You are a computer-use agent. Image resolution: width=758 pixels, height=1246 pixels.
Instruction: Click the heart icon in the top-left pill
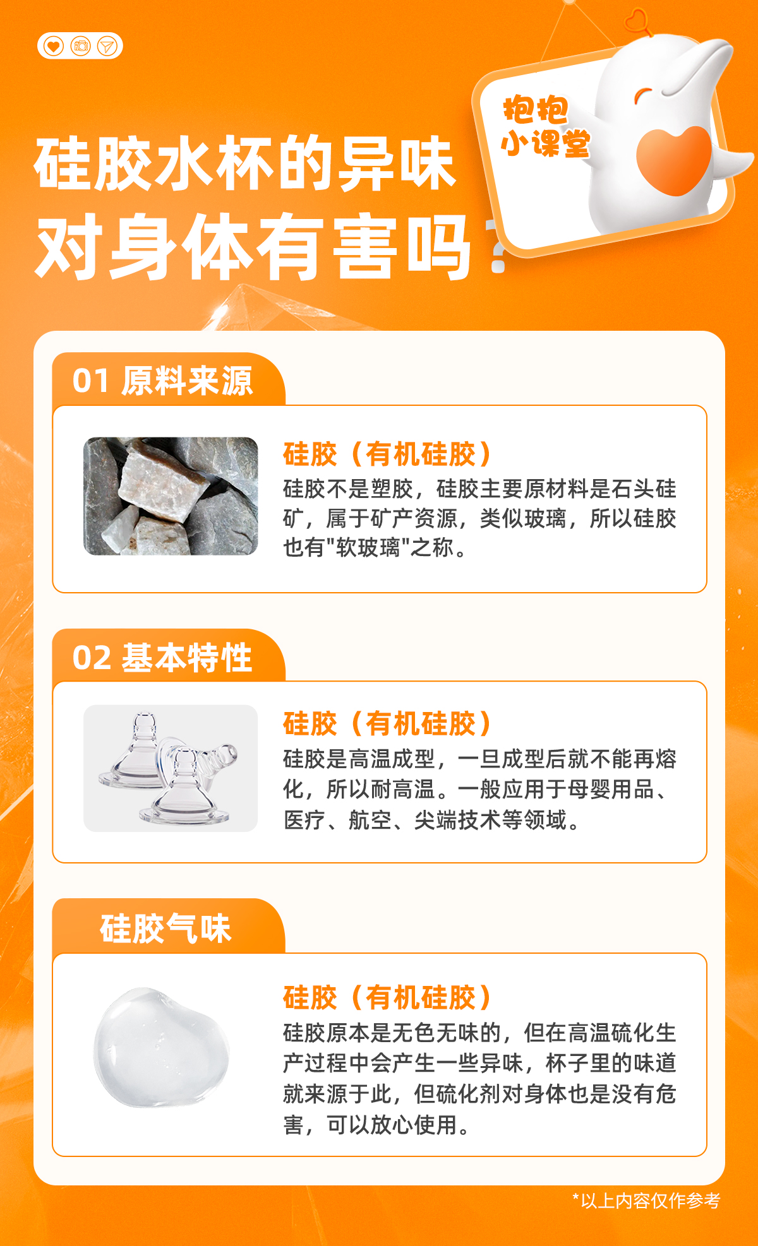pyautogui.click(x=54, y=46)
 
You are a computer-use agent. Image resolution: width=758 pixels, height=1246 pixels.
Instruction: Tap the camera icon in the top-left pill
pyautogui.click(x=81, y=46)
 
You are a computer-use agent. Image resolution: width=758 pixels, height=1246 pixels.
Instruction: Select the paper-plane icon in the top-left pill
pyautogui.click(x=107, y=46)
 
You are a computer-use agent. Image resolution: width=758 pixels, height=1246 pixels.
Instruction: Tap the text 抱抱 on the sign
pyautogui.click(x=536, y=110)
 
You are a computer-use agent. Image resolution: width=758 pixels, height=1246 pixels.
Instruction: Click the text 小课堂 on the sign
pyautogui.click(x=545, y=143)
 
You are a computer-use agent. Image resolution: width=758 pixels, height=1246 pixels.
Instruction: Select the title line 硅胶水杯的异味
pyautogui.click(x=245, y=163)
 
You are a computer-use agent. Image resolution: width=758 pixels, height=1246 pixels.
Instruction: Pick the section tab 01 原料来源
pyautogui.click(x=162, y=381)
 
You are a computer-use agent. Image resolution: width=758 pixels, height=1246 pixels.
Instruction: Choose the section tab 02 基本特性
pyautogui.click(x=162, y=658)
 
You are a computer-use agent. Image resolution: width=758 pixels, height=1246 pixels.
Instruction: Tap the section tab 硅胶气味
pyautogui.click(x=165, y=929)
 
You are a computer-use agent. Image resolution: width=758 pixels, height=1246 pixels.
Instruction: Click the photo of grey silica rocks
pyautogui.click(x=171, y=496)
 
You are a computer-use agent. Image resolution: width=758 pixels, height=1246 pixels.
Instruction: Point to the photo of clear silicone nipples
pyautogui.click(x=171, y=768)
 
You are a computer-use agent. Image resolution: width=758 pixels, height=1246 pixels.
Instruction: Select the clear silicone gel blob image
pyautogui.click(x=161, y=1048)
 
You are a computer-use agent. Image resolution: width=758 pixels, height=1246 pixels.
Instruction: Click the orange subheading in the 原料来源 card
pyautogui.click(x=387, y=454)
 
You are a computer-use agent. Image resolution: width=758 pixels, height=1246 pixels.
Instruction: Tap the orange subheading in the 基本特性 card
pyautogui.click(x=387, y=723)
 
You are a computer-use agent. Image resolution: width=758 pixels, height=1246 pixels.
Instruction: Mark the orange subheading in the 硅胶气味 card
pyautogui.click(x=387, y=997)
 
